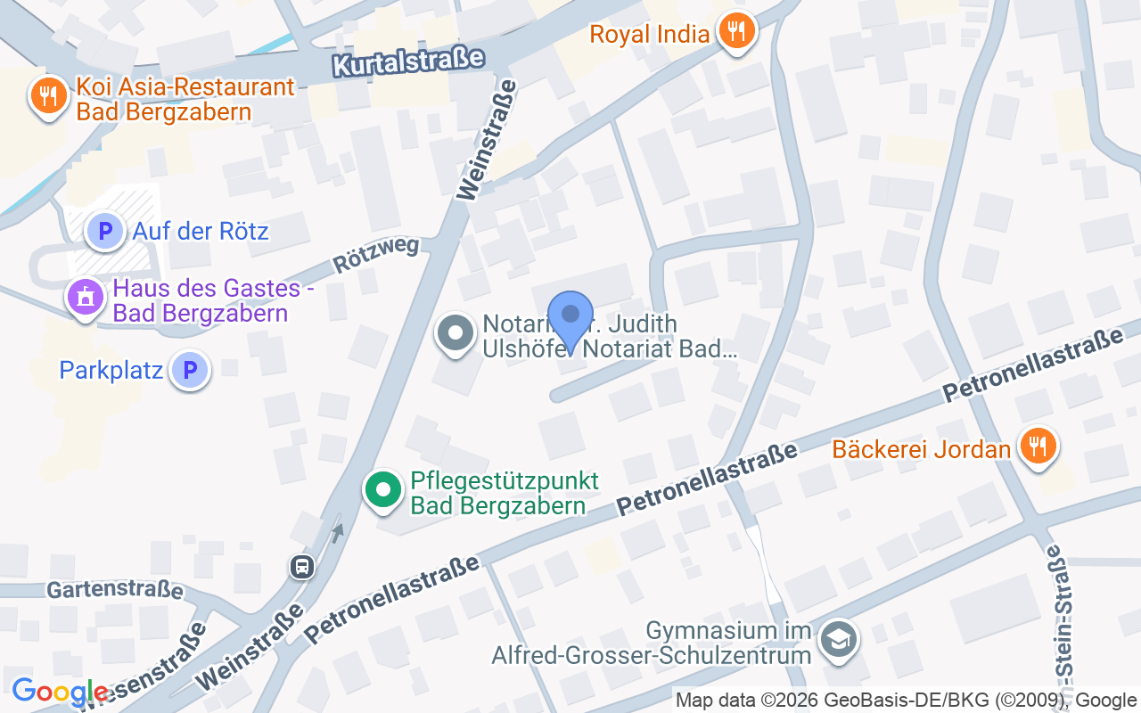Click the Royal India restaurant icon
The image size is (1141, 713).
(x=735, y=33)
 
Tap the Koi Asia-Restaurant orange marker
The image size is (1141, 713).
(x=48, y=96)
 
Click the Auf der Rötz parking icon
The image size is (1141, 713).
(x=105, y=232)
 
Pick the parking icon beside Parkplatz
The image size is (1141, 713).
(x=190, y=370)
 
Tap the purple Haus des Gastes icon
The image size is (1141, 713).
(x=86, y=297)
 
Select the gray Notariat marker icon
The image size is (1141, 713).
(x=456, y=334)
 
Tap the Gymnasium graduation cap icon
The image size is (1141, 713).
(x=838, y=640)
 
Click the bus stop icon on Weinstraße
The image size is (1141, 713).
(x=302, y=566)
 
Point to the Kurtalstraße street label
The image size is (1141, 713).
(x=407, y=62)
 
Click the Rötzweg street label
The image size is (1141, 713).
(x=376, y=254)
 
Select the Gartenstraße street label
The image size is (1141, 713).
(x=115, y=589)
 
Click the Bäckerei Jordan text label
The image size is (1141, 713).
(x=921, y=448)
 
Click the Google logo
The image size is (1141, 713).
(x=61, y=692)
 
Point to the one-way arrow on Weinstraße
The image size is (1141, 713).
(x=337, y=533)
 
